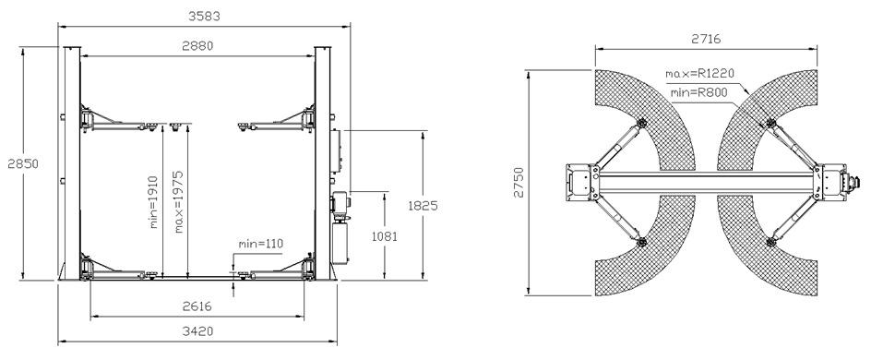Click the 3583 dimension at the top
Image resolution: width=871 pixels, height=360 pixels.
(x=205, y=16)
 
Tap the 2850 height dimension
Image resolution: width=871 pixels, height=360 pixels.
(x=11, y=163)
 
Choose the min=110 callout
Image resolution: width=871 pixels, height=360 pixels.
(x=260, y=243)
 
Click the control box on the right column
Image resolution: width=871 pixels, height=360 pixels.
(x=338, y=150)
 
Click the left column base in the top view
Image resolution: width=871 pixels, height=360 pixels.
(x=581, y=180)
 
